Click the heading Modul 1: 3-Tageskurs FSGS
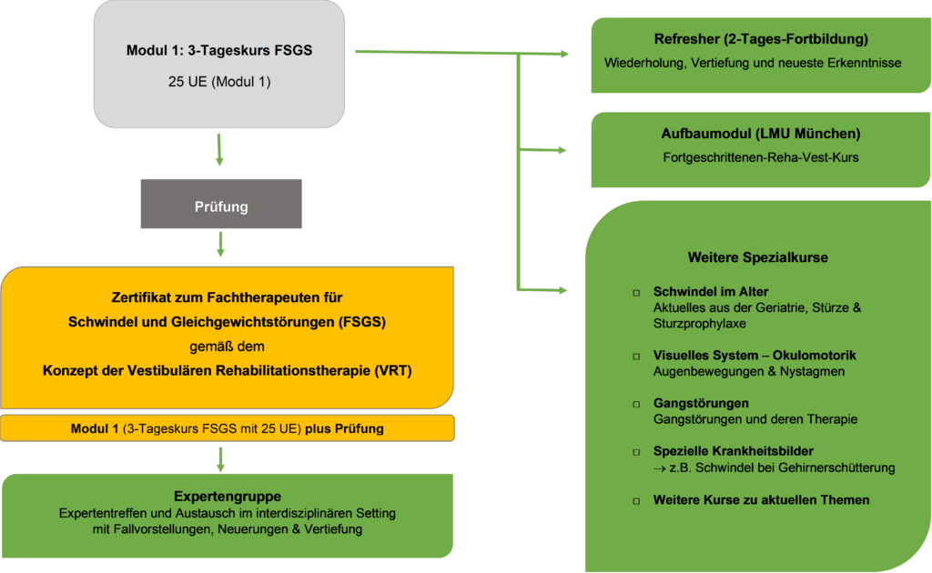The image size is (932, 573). [x=219, y=51]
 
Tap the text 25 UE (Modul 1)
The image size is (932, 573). [x=219, y=82]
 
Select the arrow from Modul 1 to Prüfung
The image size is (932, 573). [x=219, y=150]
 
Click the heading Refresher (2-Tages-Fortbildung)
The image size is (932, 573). [x=761, y=40]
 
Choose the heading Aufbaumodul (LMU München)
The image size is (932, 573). [x=761, y=134]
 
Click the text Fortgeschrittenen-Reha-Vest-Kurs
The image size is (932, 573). [x=761, y=157]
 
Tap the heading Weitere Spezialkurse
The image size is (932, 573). [x=758, y=257]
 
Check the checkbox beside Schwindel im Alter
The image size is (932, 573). [x=636, y=293]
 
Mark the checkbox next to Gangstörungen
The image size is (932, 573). [x=636, y=403]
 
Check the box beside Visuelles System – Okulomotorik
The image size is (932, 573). [x=636, y=356]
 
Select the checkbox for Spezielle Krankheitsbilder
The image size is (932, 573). [x=636, y=452]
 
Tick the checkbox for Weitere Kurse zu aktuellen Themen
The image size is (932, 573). [x=636, y=500]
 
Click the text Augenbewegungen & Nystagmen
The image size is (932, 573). [x=736, y=371]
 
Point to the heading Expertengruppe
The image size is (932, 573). [x=228, y=497]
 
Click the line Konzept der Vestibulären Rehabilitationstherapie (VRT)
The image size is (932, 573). [x=228, y=370]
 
